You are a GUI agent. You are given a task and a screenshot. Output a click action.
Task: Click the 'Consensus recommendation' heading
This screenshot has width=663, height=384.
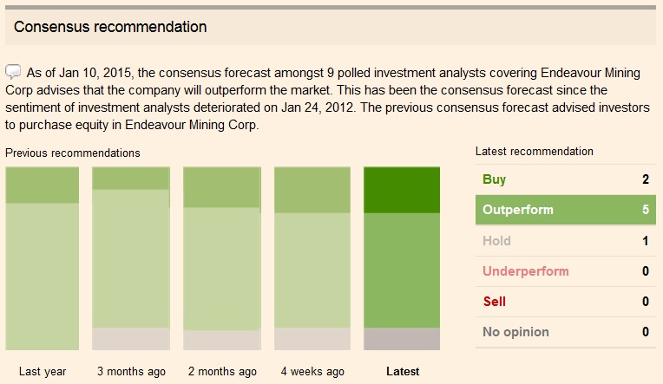(x=110, y=27)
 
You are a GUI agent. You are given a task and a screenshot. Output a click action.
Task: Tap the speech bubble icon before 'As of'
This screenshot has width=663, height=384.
(x=13, y=71)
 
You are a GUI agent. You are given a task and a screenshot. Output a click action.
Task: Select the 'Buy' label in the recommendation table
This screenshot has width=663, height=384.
(x=494, y=179)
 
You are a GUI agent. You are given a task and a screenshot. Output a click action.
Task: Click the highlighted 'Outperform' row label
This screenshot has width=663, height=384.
(x=517, y=210)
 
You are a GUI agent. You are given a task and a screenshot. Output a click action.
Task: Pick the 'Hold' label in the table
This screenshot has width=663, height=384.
(x=496, y=241)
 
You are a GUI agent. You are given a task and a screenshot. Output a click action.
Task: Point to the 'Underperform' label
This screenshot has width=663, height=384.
(x=525, y=271)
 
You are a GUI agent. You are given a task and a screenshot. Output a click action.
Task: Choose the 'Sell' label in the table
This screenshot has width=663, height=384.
(x=494, y=302)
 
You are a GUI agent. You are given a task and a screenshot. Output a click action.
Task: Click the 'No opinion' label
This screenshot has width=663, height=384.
(x=515, y=332)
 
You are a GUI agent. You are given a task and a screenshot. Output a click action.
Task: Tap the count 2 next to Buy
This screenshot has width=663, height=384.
(x=646, y=179)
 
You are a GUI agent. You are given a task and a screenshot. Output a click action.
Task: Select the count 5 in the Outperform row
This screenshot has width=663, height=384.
(x=646, y=210)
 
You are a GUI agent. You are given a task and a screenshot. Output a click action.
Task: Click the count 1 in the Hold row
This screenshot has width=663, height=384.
(x=646, y=241)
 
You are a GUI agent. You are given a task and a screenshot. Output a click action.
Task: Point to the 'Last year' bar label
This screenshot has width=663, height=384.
(x=43, y=371)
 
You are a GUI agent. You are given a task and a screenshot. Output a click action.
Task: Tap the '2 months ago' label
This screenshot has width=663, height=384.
(x=222, y=371)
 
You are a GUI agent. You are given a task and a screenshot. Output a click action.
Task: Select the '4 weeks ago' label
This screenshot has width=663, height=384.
(x=312, y=371)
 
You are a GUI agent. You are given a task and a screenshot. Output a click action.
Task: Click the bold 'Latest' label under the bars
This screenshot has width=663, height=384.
(x=402, y=371)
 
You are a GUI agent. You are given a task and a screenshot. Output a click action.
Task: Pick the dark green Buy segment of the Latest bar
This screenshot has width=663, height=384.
(x=402, y=190)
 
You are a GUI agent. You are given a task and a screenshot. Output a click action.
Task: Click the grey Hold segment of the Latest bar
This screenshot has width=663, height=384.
(x=402, y=339)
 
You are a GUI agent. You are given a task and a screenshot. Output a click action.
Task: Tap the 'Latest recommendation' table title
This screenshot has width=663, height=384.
(x=535, y=151)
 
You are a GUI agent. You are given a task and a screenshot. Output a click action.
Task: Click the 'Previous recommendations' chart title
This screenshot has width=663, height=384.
(x=72, y=153)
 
